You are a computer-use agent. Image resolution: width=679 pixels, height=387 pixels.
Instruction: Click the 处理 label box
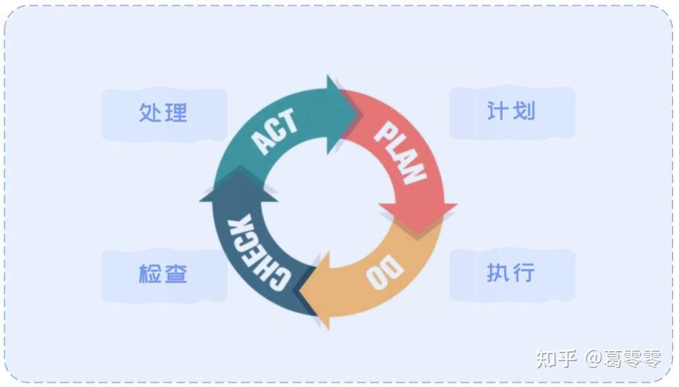coord(163,114)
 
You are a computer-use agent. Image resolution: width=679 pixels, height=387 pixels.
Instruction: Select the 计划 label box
coord(512,112)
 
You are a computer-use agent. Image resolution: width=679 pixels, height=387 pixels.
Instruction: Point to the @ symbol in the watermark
coord(593,359)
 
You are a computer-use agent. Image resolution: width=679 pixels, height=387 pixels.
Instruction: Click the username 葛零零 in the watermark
coord(632,359)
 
